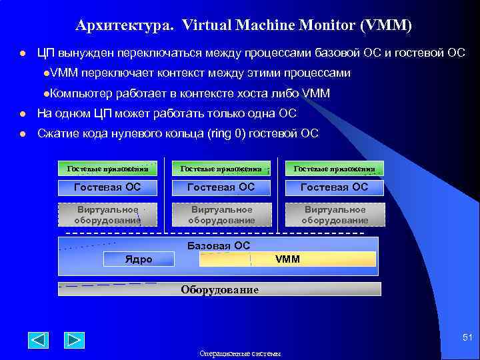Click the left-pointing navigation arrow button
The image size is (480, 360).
39,339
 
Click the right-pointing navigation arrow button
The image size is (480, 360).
74,339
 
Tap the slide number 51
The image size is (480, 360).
467,339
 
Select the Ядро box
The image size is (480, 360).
139,259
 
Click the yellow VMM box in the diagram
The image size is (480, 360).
288,259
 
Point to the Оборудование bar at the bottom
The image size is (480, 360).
220,289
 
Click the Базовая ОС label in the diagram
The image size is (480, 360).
219,245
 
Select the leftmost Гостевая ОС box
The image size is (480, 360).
107,187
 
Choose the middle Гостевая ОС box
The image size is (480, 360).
221,187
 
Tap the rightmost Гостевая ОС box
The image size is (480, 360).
334,187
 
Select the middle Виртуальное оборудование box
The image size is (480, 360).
221,215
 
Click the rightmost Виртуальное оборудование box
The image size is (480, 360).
334,215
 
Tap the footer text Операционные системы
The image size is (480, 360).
240,354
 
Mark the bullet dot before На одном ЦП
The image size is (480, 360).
22,114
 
